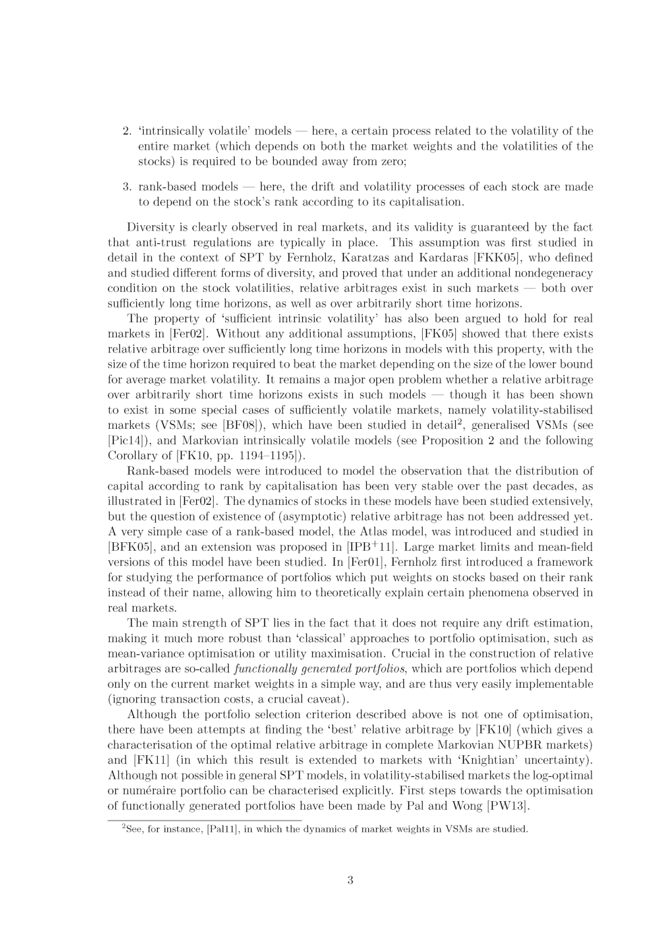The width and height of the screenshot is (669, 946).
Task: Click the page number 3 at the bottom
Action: coord(350,880)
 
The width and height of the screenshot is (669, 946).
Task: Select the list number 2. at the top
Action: coord(126,131)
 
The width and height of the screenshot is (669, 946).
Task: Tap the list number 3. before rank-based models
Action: coord(126,187)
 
